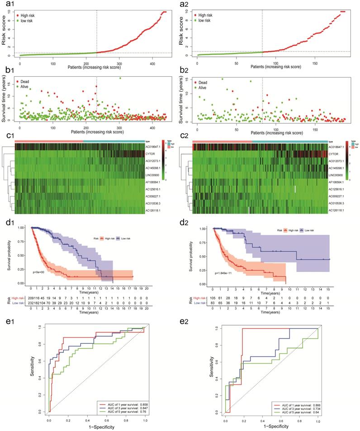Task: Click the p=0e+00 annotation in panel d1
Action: point(40,273)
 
